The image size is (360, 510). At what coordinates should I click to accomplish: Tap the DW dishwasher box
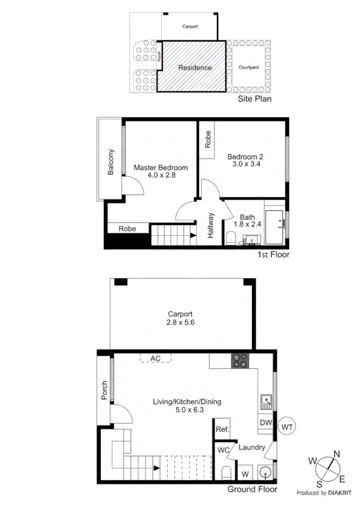coord(266,423)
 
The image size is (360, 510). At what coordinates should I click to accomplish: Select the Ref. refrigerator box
coord(222,429)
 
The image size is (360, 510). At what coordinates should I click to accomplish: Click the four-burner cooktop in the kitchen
coord(240,361)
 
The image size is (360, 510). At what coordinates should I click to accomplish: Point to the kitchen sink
coord(265,401)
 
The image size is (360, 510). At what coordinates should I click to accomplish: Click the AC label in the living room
coord(156,358)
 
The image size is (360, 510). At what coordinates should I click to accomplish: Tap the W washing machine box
coord(245,473)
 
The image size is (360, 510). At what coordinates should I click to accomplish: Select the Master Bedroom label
coord(160,168)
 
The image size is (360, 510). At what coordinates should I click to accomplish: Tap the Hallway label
coord(211,226)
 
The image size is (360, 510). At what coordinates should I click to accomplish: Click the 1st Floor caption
coord(273,254)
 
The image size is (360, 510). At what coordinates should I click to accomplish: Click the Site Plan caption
coord(255,98)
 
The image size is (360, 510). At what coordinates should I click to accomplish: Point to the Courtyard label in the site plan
coord(248,67)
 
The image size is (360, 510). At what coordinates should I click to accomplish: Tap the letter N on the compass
coord(337,454)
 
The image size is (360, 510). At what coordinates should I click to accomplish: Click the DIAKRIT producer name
coord(341,493)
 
